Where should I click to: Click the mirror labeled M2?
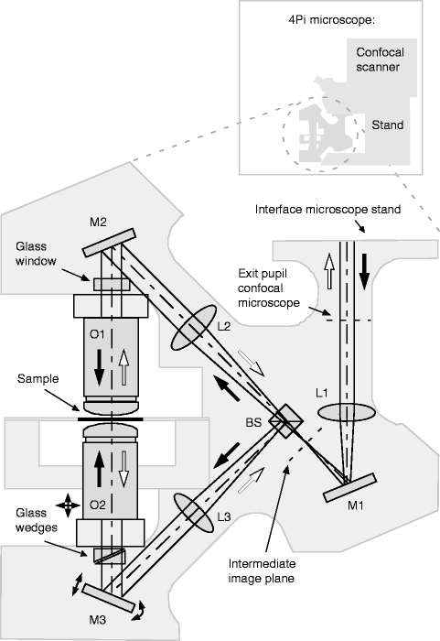tap(109, 243)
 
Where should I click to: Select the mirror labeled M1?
tap(349, 488)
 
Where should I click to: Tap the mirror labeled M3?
tap(108, 598)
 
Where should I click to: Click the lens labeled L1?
tap(347, 412)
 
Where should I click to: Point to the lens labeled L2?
tap(193, 328)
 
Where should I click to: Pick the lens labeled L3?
tap(194, 513)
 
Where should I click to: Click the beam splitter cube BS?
tap(286, 421)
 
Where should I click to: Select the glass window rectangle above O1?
tap(112, 285)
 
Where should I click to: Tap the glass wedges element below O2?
tap(109, 556)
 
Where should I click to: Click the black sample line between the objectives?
tap(111, 419)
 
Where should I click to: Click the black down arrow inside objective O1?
tap(99, 367)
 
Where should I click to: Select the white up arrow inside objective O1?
tap(123, 367)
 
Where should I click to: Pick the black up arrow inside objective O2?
tap(99, 469)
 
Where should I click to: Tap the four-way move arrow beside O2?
tap(68, 505)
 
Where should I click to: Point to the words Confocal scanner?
tap(380, 60)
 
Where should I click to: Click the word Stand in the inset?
tap(387, 125)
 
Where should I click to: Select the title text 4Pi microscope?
tap(331, 20)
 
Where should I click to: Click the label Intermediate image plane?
tap(262, 571)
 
